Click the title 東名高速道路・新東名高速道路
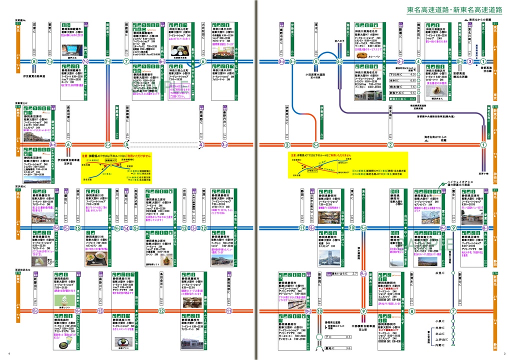[x=454, y=10]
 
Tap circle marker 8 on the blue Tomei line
[x=34, y=61]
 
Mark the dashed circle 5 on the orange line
[x=126, y=145]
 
